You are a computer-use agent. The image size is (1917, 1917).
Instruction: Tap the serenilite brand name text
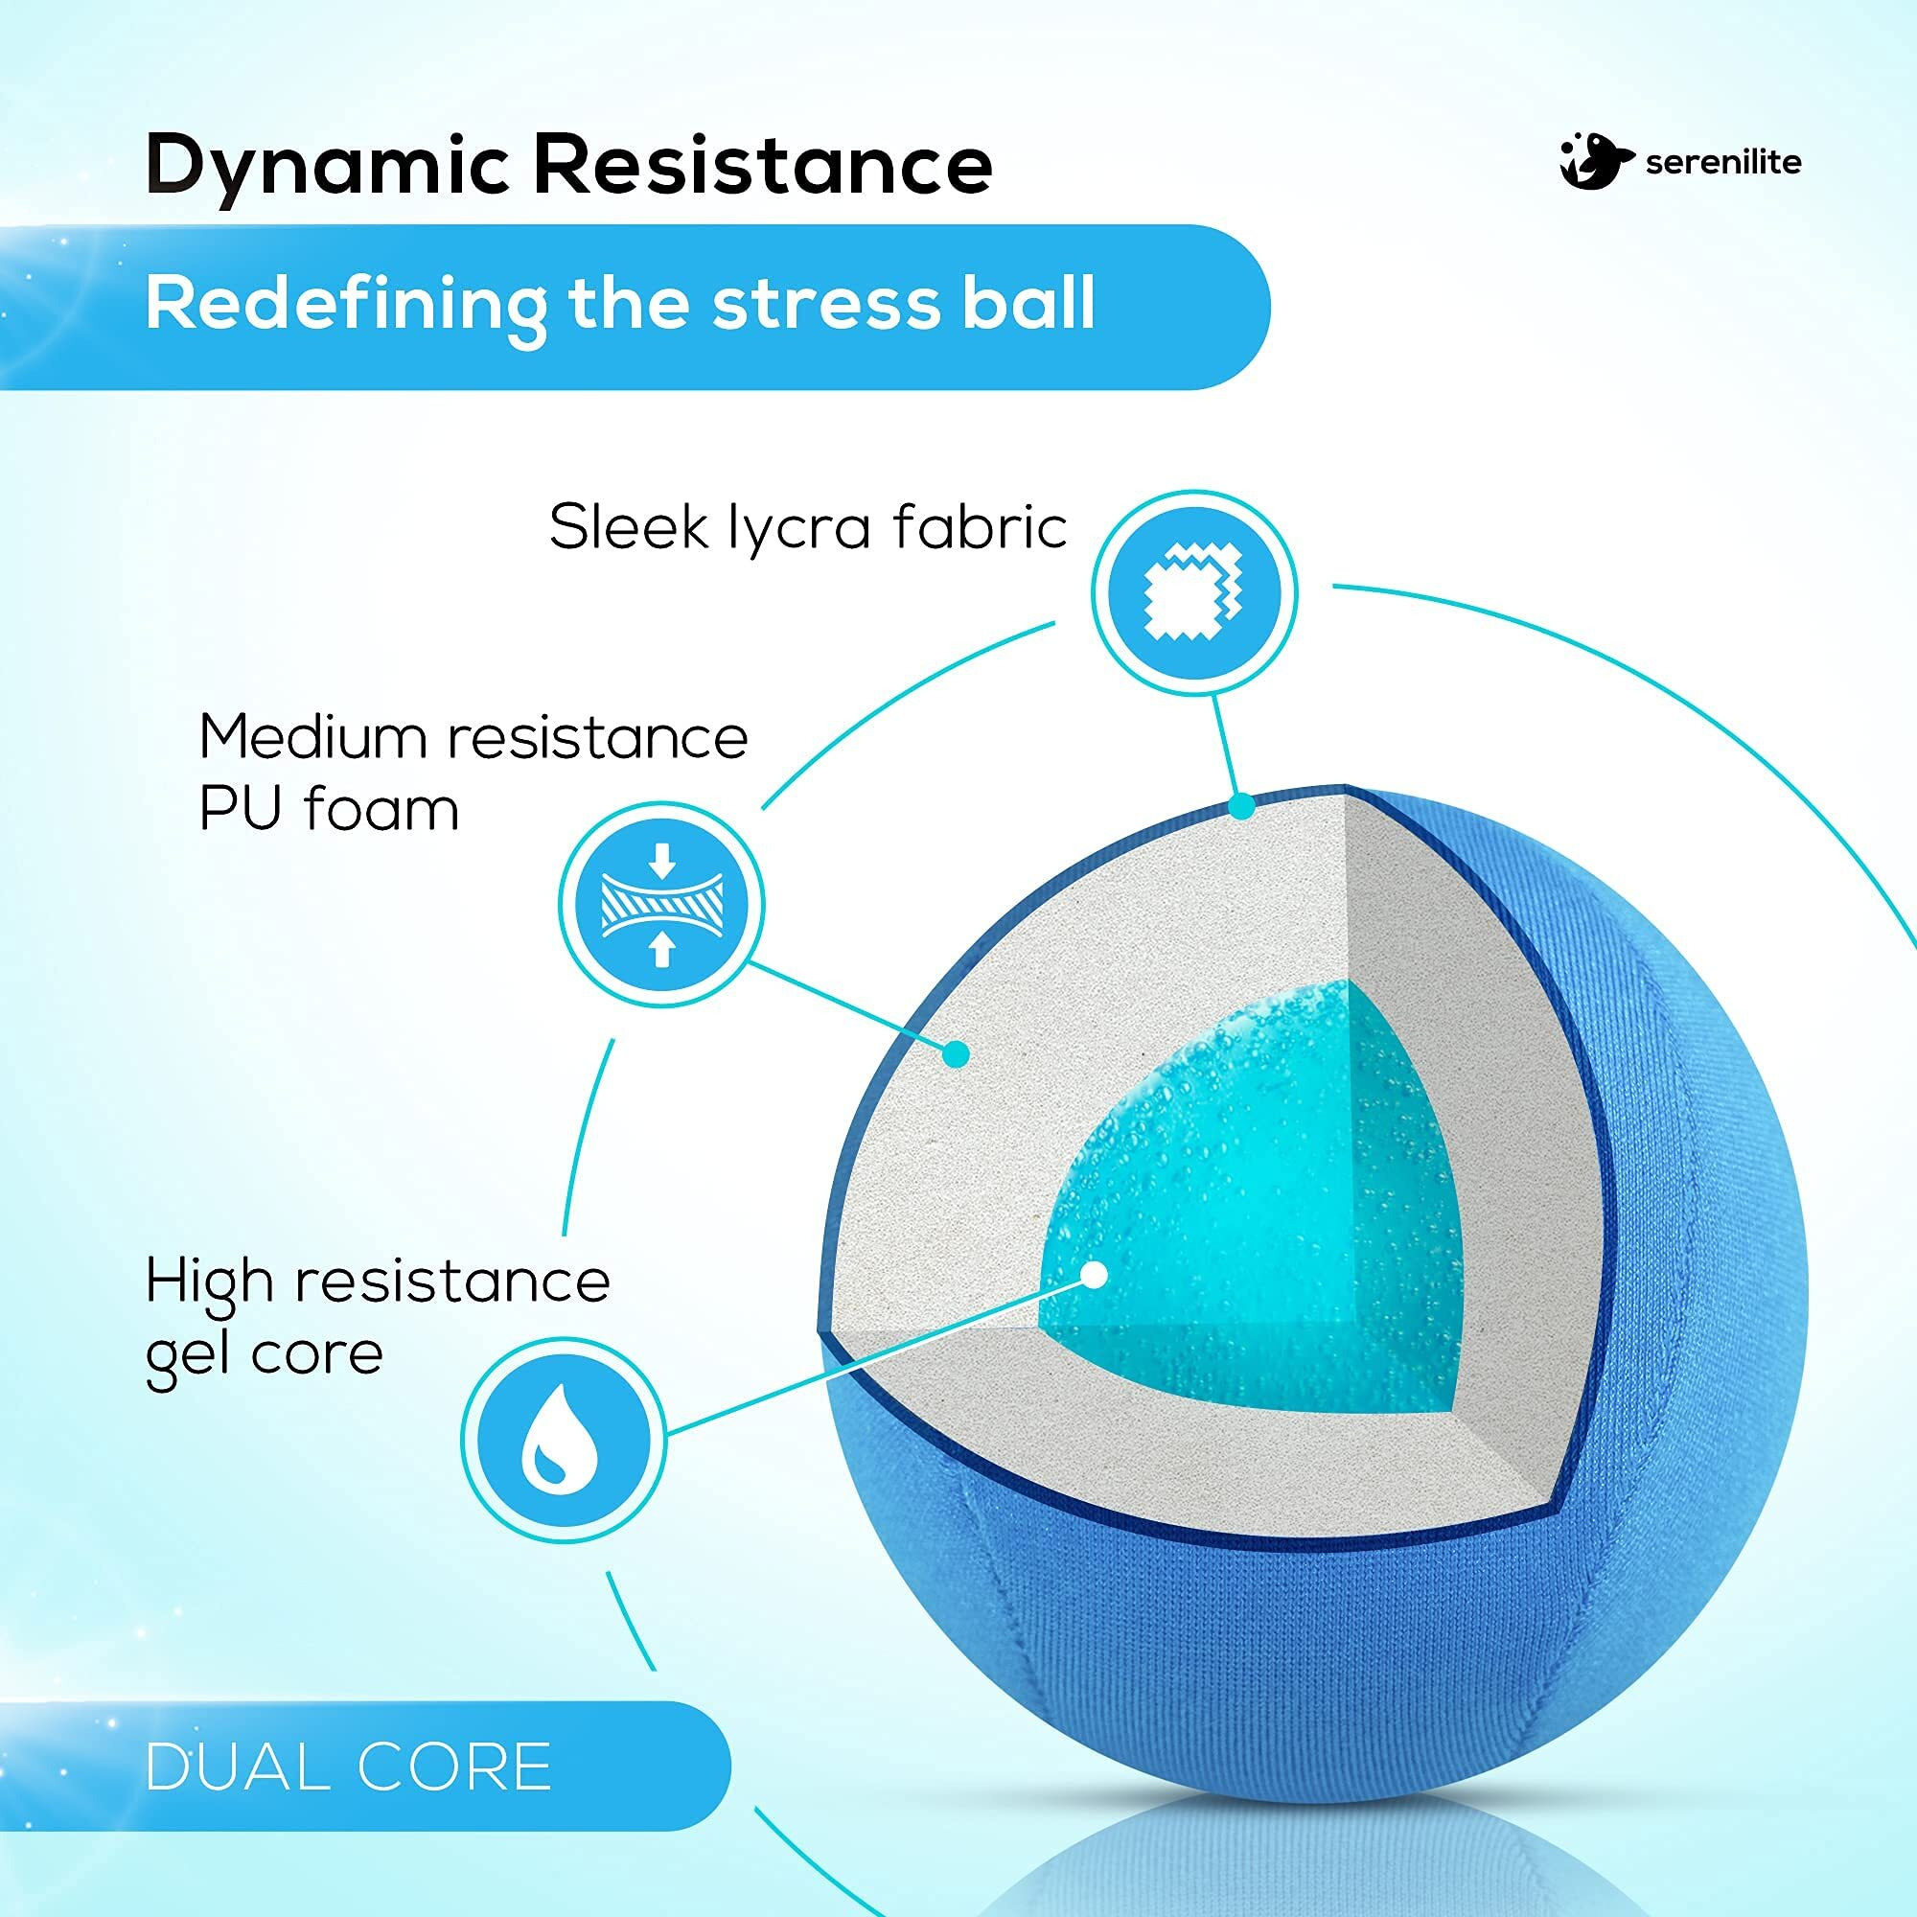click(1722, 162)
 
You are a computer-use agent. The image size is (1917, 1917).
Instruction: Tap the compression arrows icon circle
click(661, 904)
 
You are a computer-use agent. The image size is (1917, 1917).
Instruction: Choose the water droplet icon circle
click(564, 1438)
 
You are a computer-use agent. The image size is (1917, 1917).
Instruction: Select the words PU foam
click(330, 810)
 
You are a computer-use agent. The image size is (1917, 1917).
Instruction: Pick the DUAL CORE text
click(347, 1767)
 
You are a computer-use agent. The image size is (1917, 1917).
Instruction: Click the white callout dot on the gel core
click(1095, 1275)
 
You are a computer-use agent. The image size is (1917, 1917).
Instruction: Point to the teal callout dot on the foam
click(956, 1053)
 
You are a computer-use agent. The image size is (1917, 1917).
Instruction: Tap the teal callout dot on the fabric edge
click(1239, 807)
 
